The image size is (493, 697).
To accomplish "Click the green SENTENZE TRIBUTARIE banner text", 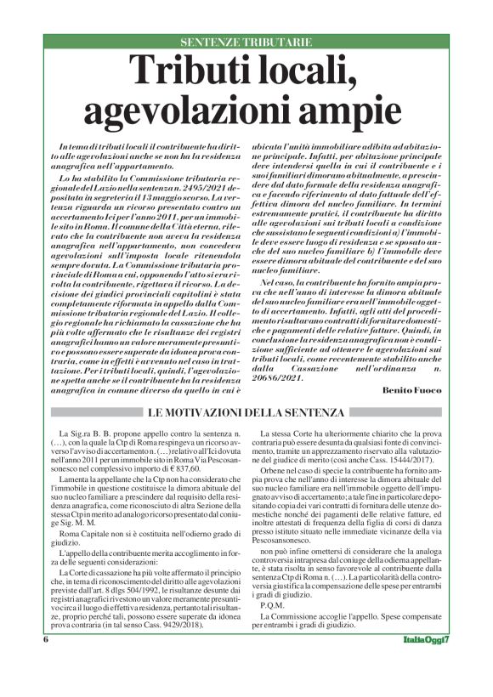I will pos(246,42).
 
